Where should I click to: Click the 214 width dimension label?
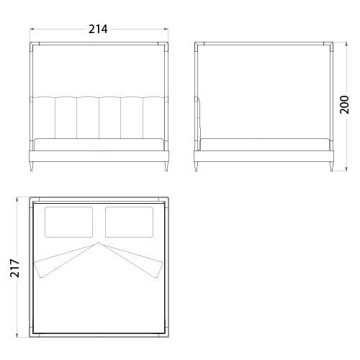(98, 30)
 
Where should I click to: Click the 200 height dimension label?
(344, 104)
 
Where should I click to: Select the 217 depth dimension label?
(14, 268)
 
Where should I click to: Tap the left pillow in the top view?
(68, 222)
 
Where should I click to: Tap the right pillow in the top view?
(129, 222)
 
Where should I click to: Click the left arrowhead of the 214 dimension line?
(32, 30)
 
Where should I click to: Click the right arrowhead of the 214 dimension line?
(166, 30)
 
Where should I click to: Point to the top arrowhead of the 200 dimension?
(346, 44)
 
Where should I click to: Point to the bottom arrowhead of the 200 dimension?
(346, 169)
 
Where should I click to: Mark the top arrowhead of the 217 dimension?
(17, 199)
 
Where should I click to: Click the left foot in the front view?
(31, 166)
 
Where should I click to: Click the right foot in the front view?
(166, 166)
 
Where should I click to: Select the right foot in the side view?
(331, 166)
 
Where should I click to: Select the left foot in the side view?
(197, 166)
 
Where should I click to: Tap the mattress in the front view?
(99, 145)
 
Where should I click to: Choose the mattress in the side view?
(264, 145)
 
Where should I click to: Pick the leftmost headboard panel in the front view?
(44, 117)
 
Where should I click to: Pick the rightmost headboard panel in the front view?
(154, 117)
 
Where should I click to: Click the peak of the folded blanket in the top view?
(99, 243)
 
